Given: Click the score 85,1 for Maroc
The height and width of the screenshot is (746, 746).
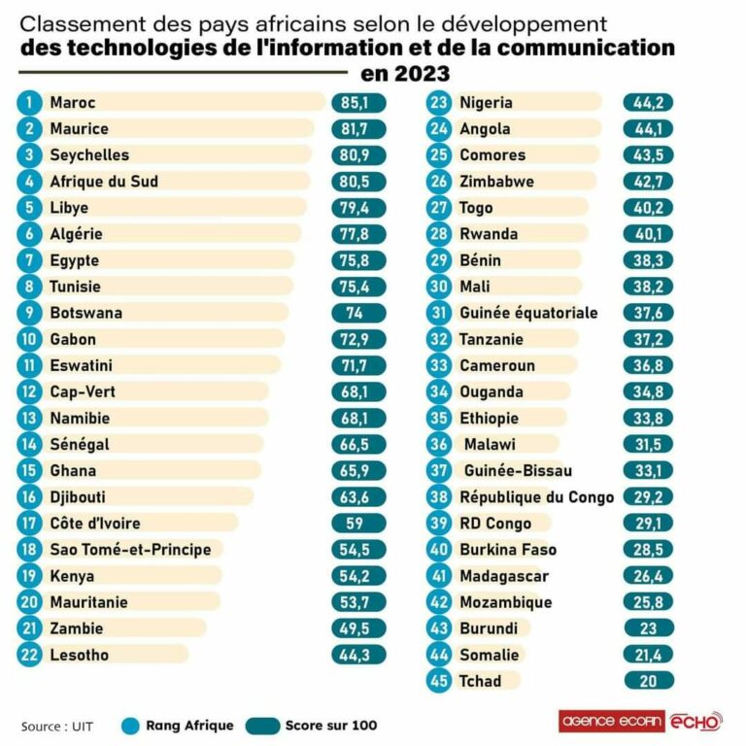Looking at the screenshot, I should click(358, 102).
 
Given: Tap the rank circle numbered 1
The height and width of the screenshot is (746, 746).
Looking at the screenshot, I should click(30, 102).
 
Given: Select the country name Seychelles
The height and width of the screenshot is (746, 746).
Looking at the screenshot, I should click(89, 154).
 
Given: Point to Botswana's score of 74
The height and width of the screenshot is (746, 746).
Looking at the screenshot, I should click(358, 313).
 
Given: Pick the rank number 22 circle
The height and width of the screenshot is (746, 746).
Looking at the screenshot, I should click(30, 655).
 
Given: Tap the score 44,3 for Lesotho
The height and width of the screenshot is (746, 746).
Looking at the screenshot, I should click(358, 655).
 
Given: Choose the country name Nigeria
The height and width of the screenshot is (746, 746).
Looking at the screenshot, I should click(486, 102).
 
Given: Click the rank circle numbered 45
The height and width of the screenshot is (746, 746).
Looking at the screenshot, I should click(440, 680).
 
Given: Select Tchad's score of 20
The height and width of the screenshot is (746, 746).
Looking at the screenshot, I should click(649, 680).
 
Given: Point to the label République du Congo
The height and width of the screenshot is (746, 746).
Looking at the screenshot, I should click(536, 497).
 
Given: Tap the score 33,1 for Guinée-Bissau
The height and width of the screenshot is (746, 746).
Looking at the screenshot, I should click(649, 471).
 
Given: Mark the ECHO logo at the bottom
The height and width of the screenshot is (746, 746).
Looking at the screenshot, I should click(697, 722).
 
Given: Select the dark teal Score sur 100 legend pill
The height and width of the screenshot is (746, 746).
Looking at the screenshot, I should click(261, 725).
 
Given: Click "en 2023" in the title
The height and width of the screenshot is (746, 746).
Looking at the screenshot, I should click(405, 74).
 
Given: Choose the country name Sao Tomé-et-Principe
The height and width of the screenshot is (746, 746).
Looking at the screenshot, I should click(130, 550).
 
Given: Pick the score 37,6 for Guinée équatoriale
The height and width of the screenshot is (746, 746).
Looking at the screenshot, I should click(649, 313).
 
